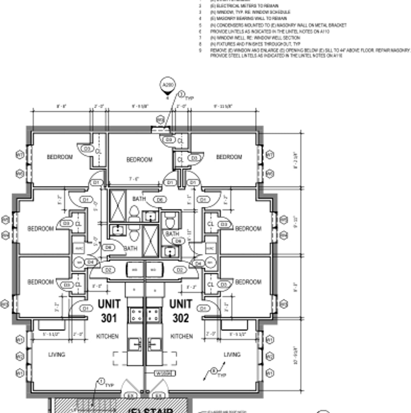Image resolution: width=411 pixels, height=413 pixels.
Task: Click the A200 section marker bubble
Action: tap(167, 85)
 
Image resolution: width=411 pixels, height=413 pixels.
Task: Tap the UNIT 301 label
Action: tap(109, 311)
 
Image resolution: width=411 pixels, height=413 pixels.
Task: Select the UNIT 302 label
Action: tap(180, 311)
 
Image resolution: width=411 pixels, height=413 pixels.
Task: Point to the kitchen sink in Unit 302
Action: tap(155, 344)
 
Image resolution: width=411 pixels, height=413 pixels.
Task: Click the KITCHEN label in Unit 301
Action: tap(107, 337)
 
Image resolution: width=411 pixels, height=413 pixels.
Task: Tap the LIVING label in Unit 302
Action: tap(232, 354)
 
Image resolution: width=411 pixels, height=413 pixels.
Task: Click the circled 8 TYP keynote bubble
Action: tap(214, 371)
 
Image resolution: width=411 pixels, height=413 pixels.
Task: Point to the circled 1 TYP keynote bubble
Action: tap(101, 381)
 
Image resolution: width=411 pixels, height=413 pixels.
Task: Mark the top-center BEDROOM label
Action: tap(139, 159)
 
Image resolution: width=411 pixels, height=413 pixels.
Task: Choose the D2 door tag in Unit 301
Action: tap(109, 270)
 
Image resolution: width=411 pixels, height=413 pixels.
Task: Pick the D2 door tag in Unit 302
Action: tap(179, 270)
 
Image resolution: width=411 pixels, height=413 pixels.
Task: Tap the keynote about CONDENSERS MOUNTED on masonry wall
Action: tap(278, 25)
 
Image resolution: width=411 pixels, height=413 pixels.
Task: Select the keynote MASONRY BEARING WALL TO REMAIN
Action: tap(248, 19)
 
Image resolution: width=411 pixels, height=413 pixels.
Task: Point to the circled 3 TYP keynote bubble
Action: tap(182, 94)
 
